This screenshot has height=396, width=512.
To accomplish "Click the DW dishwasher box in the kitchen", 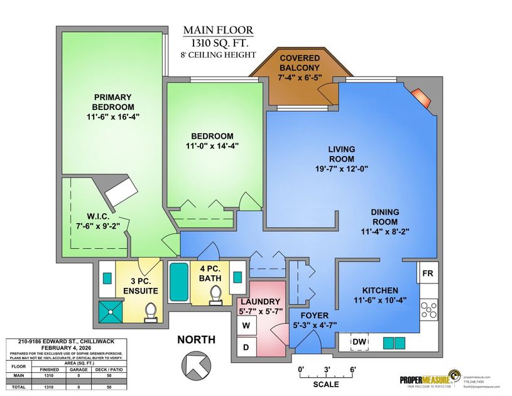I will pyautogui.click(x=359, y=341).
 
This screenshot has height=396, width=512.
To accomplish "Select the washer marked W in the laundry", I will pyautogui.click(x=246, y=326).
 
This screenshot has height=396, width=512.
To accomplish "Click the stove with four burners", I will pyautogui.click(x=428, y=311).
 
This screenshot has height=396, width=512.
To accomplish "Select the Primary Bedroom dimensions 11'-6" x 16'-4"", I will pyautogui.click(x=113, y=118).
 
